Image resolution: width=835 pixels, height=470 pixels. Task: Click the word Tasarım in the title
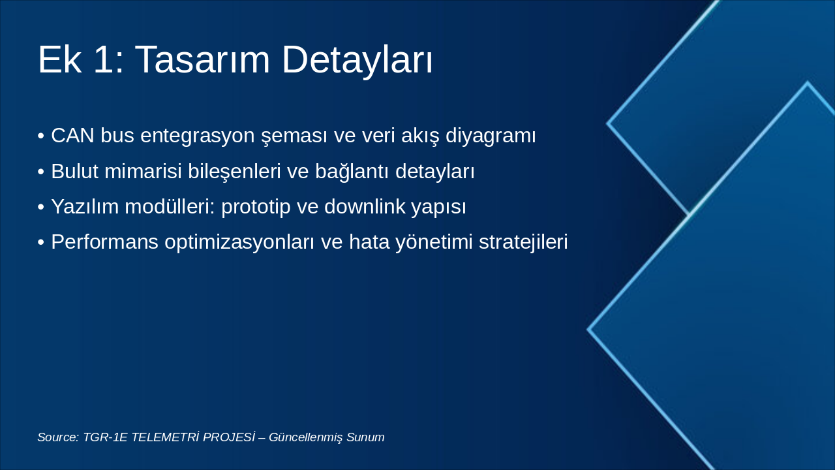coord(202,59)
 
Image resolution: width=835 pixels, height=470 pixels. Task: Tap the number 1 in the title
coord(104,59)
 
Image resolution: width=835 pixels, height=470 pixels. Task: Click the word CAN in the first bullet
coord(72,135)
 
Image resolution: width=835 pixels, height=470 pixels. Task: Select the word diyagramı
coord(491,136)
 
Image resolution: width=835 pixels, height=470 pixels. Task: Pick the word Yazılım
coord(85,207)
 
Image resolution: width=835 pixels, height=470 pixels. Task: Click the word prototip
coord(256,208)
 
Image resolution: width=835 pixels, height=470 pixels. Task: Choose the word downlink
coord(365,206)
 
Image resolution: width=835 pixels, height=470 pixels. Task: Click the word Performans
coord(105,242)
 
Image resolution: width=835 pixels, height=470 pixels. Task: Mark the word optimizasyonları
coord(239,242)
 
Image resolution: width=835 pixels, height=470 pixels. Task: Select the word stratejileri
coord(523,242)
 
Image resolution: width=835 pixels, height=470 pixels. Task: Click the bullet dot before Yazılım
coord(41,208)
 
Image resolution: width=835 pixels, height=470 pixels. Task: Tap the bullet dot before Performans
coord(41,242)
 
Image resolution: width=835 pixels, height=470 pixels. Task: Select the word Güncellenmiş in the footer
coord(306,437)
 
